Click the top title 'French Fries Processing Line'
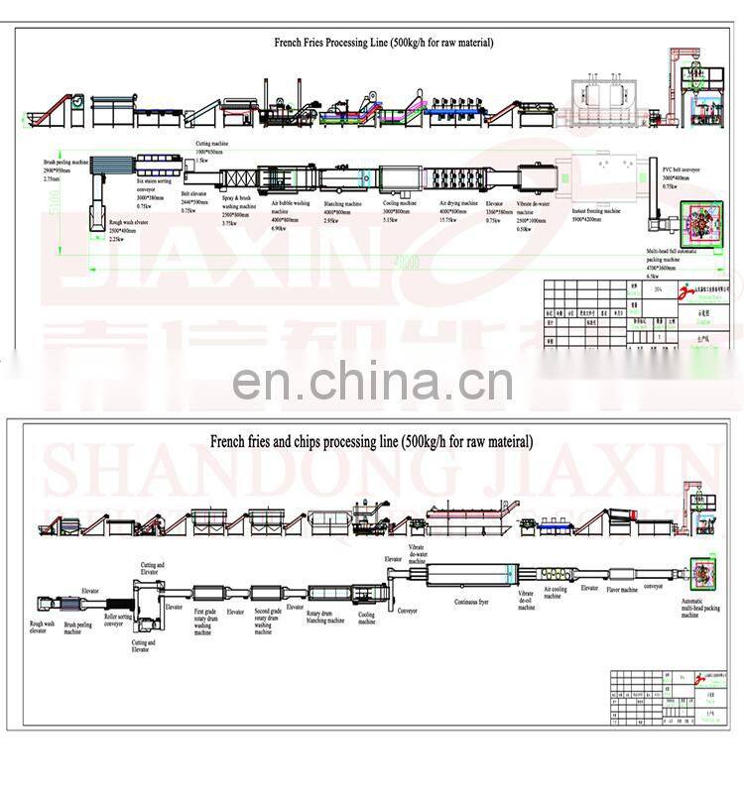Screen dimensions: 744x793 click(383, 43)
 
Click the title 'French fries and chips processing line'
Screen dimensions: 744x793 click(370, 441)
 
